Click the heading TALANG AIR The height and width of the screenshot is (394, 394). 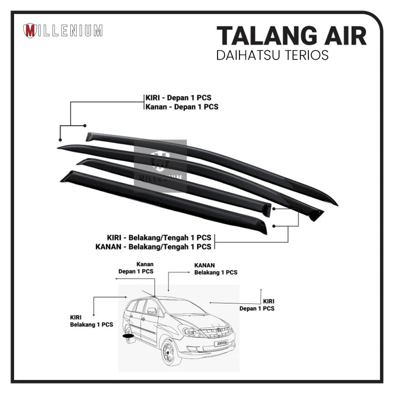point(291,37)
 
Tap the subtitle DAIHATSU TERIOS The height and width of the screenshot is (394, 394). point(272,55)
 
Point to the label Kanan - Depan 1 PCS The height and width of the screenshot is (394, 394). point(182,107)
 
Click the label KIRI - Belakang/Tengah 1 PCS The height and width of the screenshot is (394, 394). point(159,238)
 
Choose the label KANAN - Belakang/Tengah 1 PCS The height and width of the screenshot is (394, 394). point(153,247)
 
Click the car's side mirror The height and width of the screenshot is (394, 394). point(152,311)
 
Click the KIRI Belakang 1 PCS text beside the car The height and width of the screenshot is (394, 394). point(91,321)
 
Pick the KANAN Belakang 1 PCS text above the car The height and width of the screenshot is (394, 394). point(215,269)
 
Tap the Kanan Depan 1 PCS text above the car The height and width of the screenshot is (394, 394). point(136,268)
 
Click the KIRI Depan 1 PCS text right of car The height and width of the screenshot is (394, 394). point(257,305)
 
